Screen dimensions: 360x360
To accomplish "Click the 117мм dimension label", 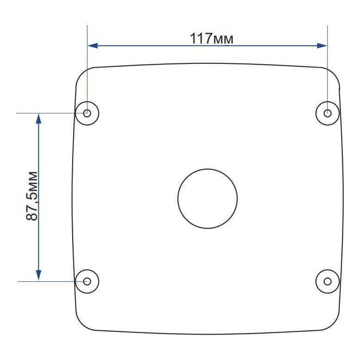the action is pos(211,38).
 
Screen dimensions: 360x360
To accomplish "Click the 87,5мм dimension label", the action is pos(31,196).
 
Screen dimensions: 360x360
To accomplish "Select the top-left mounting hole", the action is pos(87,113).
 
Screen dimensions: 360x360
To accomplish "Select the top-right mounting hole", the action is pos(328,113).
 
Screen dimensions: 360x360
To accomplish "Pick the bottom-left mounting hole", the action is pos(87,281).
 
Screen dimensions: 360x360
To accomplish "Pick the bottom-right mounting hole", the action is pos(328,281).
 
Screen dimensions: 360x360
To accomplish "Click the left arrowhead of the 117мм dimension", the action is pos(93,46).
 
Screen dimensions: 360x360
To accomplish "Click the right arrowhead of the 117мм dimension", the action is pos(322,46).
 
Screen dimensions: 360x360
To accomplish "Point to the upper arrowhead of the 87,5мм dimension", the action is pos(38,119).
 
